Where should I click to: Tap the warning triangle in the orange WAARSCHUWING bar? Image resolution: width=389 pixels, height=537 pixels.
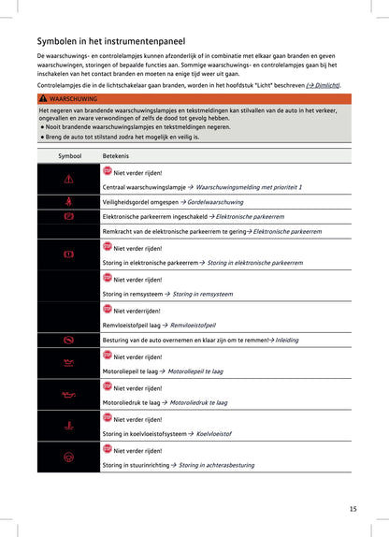pyautogui.click(x=43, y=98)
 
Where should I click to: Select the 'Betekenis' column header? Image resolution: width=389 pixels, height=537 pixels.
pyautogui.click(x=116, y=154)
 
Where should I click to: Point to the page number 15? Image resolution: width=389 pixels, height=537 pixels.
pyautogui.click(x=353, y=509)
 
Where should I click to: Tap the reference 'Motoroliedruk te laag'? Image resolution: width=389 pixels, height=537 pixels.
pyautogui.click(x=198, y=403)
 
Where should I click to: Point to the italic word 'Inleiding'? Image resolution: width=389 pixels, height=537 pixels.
pyautogui.click(x=287, y=341)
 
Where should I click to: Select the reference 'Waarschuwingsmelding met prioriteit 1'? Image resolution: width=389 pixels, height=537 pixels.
pyautogui.click(x=250, y=187)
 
